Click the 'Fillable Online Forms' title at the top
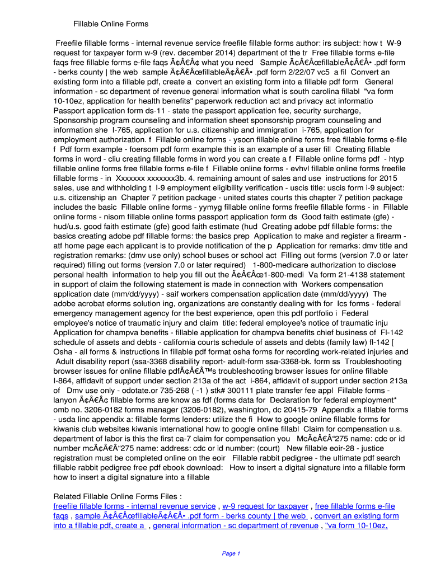pyautogui.click(x=111, y=24)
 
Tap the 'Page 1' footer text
pyautogui.click(x=231, y=554)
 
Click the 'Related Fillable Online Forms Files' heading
pyautogui.click(x=117, y=496)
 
